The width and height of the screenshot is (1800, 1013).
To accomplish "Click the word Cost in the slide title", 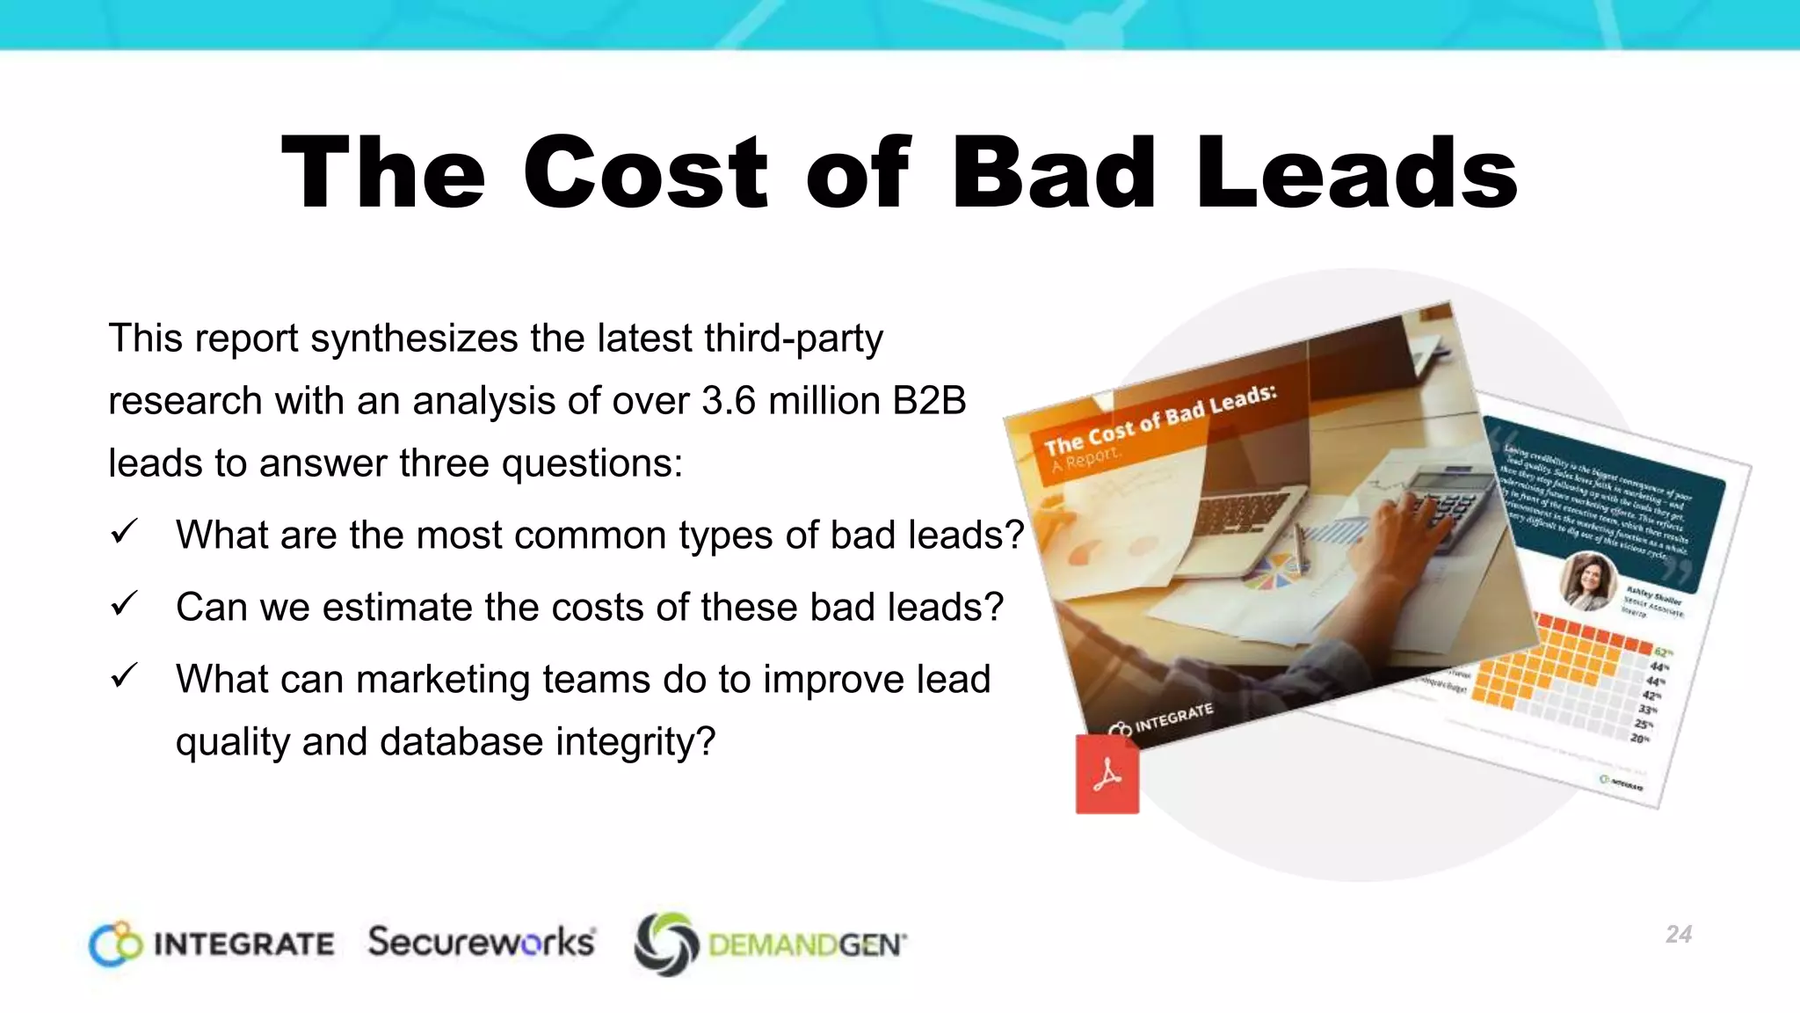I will pos(646,172).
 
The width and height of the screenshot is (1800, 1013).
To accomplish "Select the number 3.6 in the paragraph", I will pos(729,401).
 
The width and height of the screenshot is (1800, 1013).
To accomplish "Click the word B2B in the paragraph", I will pos(929,401).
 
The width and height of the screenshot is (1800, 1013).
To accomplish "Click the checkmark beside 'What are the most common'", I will pos(124,532).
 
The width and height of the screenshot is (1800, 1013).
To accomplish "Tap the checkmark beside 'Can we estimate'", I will pos(124,604).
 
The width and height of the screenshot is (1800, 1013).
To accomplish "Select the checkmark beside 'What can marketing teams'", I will pos(124,676).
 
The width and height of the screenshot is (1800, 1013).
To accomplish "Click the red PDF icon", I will pos(1107,775).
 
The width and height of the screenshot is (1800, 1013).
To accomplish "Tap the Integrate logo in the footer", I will pos(212,944).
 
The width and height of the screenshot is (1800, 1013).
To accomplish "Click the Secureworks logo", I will pos(482,942).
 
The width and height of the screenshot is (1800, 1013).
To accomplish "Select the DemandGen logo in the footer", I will pos(770,944).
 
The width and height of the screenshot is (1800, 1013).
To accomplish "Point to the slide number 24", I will pos(1678,934).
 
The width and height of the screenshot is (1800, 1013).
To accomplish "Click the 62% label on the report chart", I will pos(1663,652).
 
